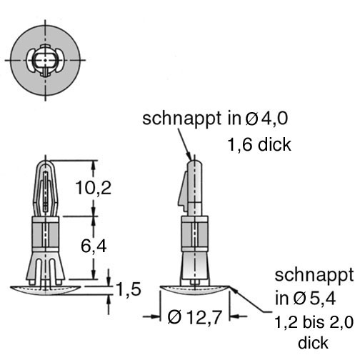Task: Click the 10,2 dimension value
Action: coord(93,188)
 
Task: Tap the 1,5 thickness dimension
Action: coord(129,289)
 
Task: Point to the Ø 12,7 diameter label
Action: coord(195,317)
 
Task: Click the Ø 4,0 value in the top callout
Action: coord(266,119)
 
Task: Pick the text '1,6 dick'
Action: coord(259,144)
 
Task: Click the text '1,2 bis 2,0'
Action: coord(314,323)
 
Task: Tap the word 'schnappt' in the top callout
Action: coord(182,119)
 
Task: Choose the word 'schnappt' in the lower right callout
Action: coord(314,276)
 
